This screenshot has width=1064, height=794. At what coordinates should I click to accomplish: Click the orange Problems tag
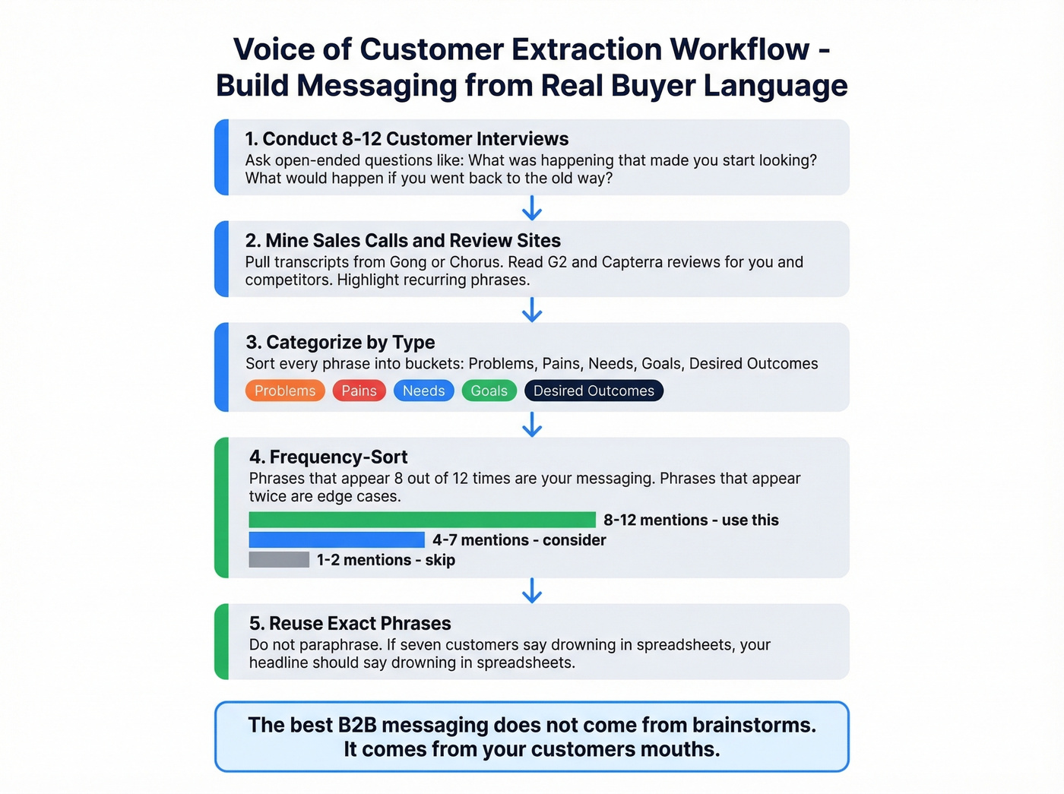pyautogui.click(x=285, y=391)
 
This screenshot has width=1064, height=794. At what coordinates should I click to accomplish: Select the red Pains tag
pyautogui.click(x=359, y=391)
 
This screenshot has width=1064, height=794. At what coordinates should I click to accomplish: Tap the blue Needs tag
pyautogui.click(x=423, y=391)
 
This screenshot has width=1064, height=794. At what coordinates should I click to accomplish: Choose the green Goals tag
pyautogui.click(x=489, y=391)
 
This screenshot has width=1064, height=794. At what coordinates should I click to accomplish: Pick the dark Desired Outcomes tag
pyautogui.click(x=594, y=391)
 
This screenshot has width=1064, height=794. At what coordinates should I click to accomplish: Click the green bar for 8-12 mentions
pyautogui.click(x=422, y=520)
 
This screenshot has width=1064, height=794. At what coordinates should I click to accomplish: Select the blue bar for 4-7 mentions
pyautogui.click(x=337, y=539)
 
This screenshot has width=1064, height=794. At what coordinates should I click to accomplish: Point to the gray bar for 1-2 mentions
pyautogui.click(x=279, y=560)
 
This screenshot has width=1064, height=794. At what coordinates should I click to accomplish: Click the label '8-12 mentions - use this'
pyautogui.click(x=691, y=520)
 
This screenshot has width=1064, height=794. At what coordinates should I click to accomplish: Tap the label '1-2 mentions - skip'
pyautogui.click(x=385, y=560)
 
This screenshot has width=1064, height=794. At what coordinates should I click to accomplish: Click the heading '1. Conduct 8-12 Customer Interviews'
pyautogui.click(x=407, y=139)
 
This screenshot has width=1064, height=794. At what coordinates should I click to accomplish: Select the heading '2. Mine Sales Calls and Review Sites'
pyautogui.click(x=403, y=241)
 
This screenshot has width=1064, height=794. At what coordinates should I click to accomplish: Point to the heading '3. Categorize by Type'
pyautogui.click(x=340, y=343)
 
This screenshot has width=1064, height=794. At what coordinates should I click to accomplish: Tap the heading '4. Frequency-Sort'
pyautogui.click(x=328, y=457)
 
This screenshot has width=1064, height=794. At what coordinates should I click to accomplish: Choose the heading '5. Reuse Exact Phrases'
pyautogui.click(x=350, y=623)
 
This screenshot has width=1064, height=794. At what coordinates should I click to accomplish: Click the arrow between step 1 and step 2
pyautogui.click(x=532, y=208)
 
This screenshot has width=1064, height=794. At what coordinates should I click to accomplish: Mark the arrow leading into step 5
pyautogui.click(x=532, y=590)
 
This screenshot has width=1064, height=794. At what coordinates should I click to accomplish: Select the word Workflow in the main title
pyautogui.click(x=739, y=49)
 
